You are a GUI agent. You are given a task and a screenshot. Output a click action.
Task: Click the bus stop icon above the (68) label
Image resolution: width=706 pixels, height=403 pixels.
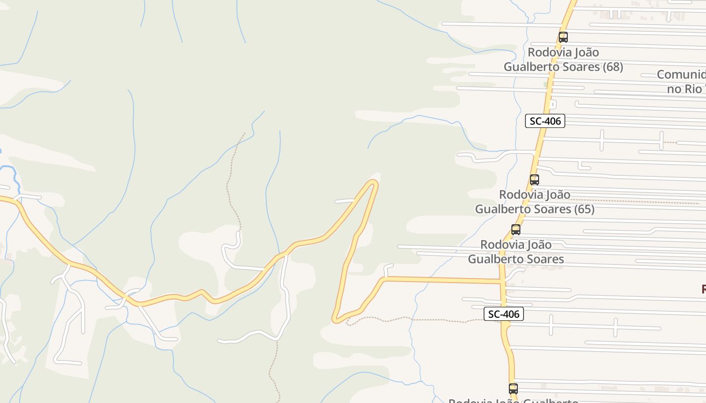pos(563,37)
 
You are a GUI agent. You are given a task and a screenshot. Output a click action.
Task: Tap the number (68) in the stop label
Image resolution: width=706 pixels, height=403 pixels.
pos(613,66)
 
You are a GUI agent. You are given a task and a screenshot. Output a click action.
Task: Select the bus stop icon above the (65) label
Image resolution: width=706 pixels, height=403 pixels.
pos(534,179)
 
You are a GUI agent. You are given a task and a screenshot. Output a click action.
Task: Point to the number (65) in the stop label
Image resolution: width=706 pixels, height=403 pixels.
pos(584,209)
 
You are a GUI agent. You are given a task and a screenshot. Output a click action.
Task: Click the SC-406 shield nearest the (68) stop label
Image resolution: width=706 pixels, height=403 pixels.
pos(545,121)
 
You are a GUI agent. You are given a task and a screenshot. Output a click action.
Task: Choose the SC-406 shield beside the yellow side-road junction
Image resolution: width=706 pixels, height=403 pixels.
pos(504,314)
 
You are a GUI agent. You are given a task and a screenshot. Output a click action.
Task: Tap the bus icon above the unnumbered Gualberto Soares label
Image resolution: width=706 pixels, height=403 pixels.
pos(515,230)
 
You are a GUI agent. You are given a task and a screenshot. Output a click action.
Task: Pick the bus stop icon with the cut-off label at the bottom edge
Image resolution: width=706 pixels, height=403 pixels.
pos(513,388)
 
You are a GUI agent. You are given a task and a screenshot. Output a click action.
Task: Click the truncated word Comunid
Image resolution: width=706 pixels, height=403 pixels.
pos(681,75)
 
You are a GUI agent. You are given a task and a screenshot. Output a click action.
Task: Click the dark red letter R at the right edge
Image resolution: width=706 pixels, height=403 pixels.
pos(703,289)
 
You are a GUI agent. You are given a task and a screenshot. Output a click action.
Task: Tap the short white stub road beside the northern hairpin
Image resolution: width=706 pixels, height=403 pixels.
pos(345,201)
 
